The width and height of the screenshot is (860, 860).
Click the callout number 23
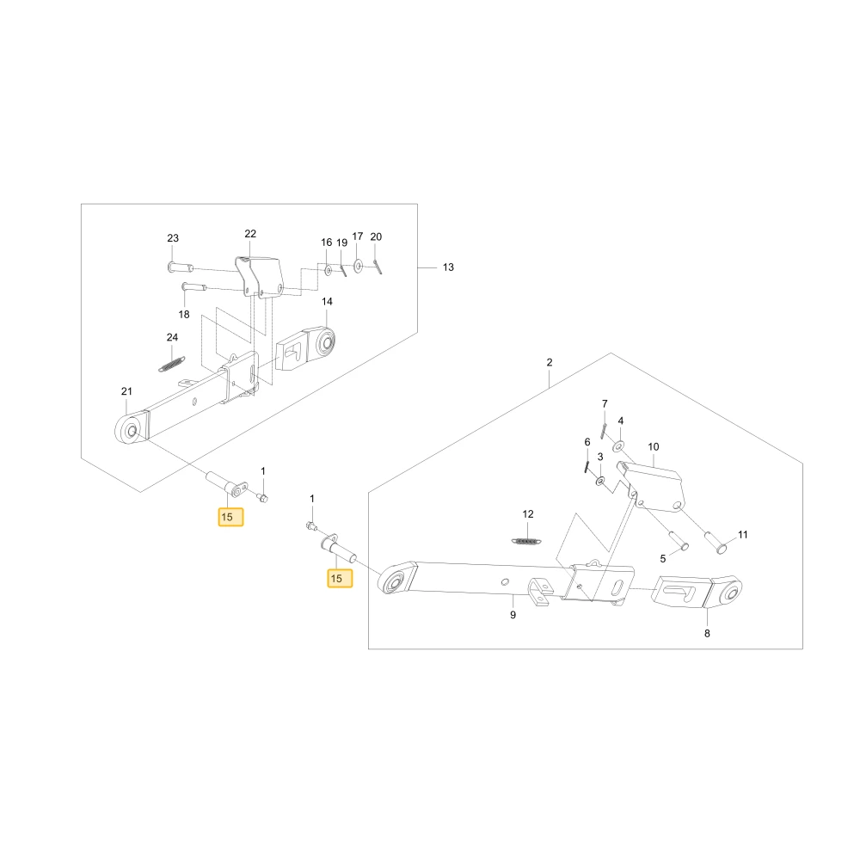173,238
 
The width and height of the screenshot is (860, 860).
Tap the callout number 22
250,234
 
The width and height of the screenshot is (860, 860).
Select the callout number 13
448,267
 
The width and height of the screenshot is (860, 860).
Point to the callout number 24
172,337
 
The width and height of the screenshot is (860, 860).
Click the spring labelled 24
172,364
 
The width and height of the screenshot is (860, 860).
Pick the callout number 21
126,391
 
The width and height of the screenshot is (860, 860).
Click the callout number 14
327,301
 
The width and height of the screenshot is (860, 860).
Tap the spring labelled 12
527,541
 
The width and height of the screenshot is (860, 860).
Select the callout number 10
654,446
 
